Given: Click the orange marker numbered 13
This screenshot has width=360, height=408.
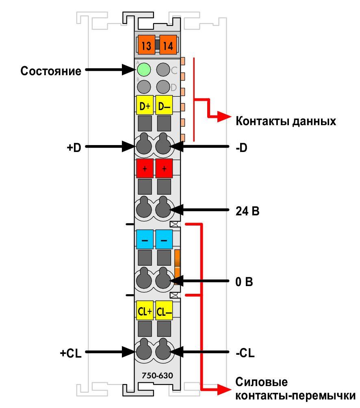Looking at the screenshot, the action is (146, 45).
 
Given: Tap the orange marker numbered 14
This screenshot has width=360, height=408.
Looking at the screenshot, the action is (168, 45).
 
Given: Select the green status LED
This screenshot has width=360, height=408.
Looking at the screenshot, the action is (144, 70).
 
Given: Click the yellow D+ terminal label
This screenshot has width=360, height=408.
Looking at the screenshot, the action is (145, 105).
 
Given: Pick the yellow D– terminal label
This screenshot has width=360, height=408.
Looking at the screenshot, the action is (164, 105).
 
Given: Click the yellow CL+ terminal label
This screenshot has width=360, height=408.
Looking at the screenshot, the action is (145, 310).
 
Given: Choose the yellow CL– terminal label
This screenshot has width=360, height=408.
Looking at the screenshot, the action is (164, 310).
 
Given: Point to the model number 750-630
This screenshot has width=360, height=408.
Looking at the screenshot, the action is (157, 375).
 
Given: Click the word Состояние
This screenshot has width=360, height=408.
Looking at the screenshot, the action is (51, 71).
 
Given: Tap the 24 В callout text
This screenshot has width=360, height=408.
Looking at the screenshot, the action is (247, 211).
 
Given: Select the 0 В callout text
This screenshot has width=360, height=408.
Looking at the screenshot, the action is (244, 282).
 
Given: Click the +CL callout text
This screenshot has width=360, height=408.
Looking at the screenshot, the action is (70, 353).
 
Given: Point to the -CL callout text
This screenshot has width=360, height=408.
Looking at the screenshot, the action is (245, 353).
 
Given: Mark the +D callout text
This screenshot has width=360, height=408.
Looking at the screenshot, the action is (74, 148).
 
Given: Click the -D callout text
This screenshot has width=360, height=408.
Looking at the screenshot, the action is (241, 148).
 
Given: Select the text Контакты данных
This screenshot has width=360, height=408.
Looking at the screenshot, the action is (286, 121).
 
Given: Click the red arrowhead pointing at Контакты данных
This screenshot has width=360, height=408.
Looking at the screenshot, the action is (224, 116).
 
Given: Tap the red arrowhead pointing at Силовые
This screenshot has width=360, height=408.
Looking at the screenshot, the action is (224, 389).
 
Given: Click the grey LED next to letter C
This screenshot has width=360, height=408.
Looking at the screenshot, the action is (163, 70).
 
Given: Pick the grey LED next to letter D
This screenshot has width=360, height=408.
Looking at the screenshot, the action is (163, 87).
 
